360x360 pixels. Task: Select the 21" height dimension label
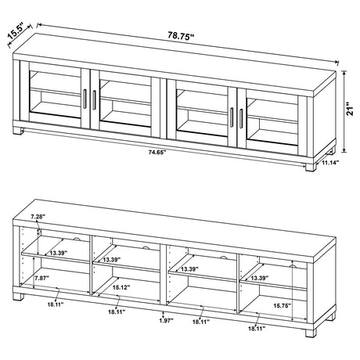(350, 112)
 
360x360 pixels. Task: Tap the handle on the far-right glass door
(243, 117)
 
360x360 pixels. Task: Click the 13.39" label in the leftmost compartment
(57, 254)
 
